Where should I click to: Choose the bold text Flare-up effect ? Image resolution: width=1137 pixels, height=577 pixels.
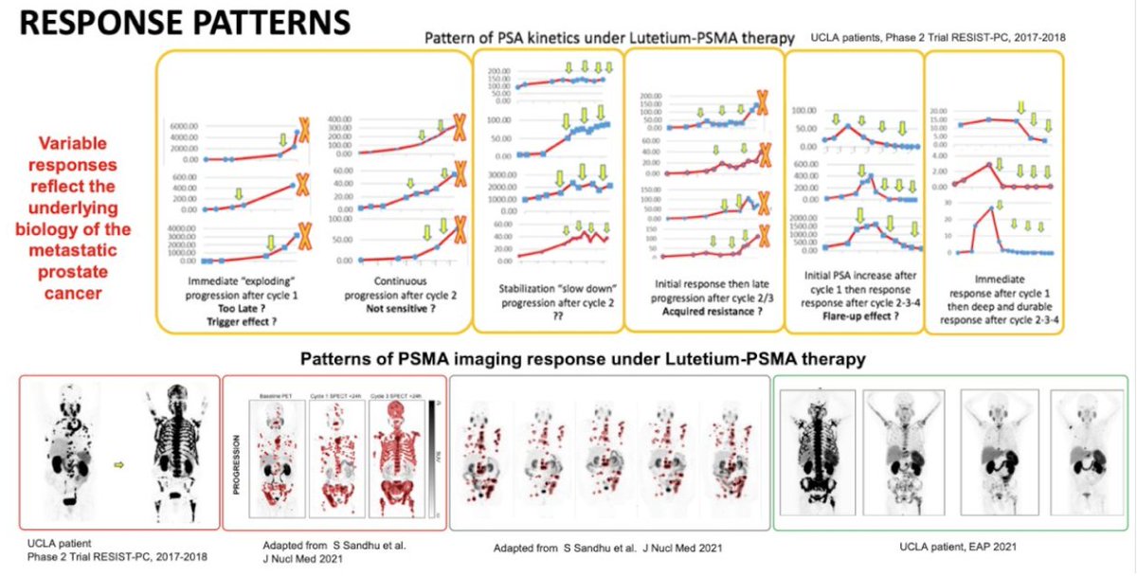851,308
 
